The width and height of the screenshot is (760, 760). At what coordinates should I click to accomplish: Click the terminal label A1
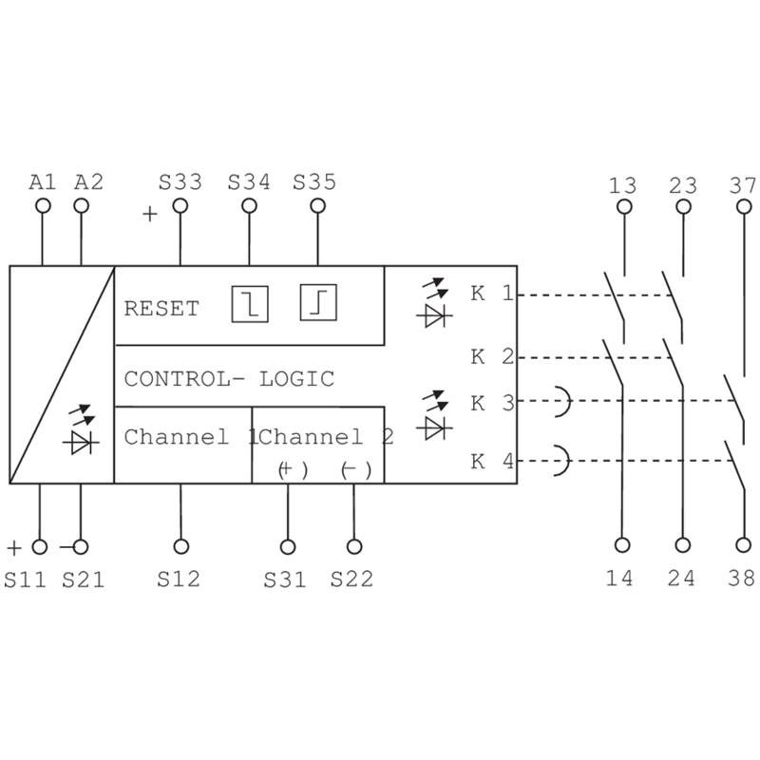click(43, 180)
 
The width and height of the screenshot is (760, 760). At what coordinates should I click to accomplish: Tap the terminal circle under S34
click(249, 206)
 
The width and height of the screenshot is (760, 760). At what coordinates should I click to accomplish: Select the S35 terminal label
click(314, 180)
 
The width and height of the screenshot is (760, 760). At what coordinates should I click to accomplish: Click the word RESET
click(161, 309)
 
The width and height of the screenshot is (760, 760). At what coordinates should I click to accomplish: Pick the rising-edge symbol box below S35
click(318, 304)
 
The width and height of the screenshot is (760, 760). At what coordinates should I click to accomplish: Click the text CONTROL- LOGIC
click(229, 379)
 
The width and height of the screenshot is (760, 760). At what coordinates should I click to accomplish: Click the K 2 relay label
click(492, 357)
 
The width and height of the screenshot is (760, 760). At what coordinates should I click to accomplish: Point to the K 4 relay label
click(492, 463)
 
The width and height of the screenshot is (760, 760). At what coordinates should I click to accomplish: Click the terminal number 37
click(744, 183)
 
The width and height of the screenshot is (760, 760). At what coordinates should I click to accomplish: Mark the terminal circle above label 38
click(744, 545)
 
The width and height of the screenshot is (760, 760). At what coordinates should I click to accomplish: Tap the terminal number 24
click(681, 578)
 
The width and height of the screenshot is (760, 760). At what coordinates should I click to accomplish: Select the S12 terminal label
click(180, 578)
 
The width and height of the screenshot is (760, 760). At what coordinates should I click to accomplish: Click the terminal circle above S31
click(286, 546)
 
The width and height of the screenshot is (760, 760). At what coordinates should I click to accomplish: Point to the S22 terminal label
click(352, 578)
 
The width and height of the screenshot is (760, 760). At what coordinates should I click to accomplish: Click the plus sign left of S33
click(149, 215)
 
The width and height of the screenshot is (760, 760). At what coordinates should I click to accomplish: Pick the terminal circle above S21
click(81, 546)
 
